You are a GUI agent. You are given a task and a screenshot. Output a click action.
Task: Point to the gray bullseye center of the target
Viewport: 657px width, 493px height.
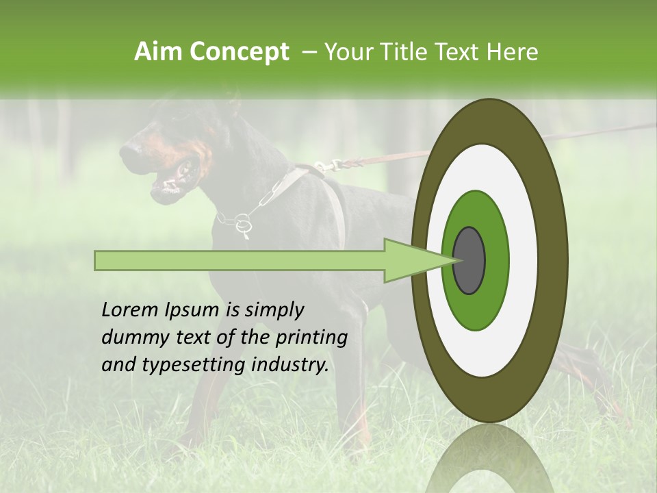coord(469,260)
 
